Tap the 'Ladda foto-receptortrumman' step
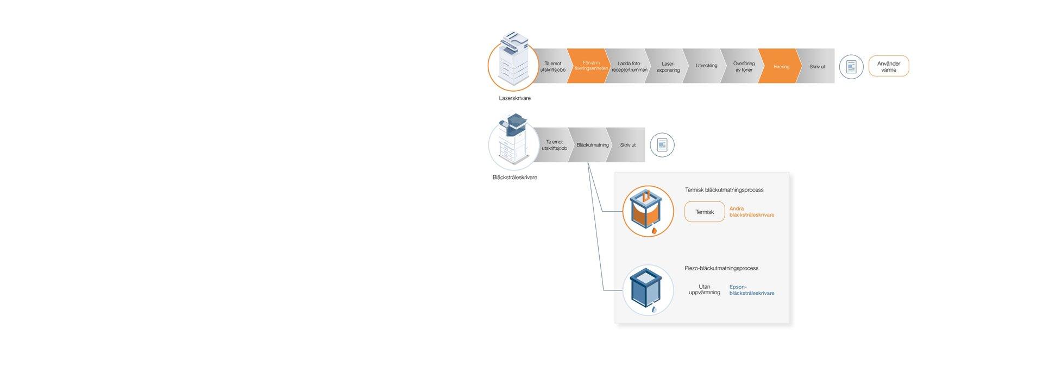coord(629,66)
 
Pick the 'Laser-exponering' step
coord(668,66)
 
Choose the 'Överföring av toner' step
coord(743,66)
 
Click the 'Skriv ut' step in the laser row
coord(816,66)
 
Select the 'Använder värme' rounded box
coord(888,66)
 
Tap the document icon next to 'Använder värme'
coord(851,67)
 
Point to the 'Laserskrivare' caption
coord(514,98)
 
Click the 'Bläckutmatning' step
coord(592,145)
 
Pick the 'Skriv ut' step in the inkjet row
coord(627,145)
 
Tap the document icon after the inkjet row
coord(662,145)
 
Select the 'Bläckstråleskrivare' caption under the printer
coord(514,178)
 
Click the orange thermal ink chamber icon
coord(648,212)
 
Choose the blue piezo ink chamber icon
coord(648,290)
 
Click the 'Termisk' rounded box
coord(704,212)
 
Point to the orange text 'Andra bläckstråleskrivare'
coord(751,212)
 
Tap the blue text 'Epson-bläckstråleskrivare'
coord(751,290)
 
